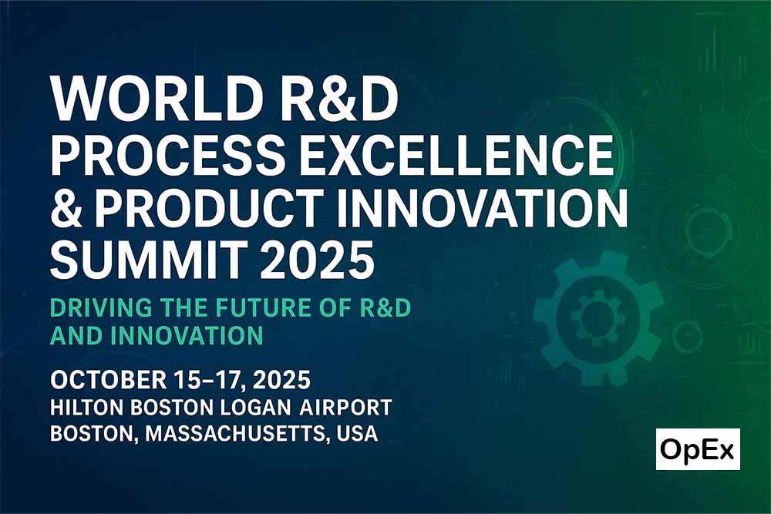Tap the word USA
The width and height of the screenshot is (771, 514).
[358, 434]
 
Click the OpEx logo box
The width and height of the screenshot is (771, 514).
[698, 449]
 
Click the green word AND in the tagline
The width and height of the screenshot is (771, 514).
[76, 336]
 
